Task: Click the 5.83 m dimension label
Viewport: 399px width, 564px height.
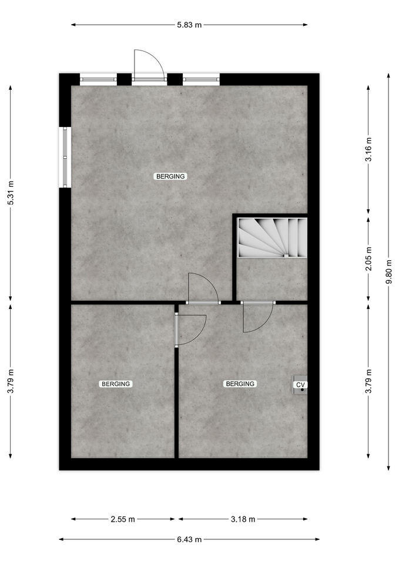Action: coord(189,25)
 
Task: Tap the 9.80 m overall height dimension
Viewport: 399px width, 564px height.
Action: coord(389,271)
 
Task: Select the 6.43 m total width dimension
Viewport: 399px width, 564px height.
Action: coord(189,539)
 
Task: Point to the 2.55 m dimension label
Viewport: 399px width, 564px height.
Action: coord(123,519)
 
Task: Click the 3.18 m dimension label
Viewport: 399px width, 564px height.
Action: coord(243,519)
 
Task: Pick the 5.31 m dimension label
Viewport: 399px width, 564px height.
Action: coord(11,193)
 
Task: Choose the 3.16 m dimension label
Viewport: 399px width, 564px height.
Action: coord(369,149)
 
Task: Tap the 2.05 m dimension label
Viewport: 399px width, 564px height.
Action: coord(369,259)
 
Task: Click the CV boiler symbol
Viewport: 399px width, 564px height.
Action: coord(300,385)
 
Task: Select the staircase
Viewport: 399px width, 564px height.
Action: coord(272,237)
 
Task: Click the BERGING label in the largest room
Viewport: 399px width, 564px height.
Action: coord(170,176)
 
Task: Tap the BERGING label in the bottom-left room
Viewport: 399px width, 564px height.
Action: coord(116,384)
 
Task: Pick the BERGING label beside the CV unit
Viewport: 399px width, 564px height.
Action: coord(240,384)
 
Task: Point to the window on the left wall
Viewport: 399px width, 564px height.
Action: coord(65,157)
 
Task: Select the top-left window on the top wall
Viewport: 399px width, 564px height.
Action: coord(98,79)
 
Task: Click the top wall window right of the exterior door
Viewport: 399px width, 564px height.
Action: coord(201,79)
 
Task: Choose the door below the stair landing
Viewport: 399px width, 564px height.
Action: coord(258,317)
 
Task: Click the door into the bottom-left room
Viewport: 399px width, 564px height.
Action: coord(190,330)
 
